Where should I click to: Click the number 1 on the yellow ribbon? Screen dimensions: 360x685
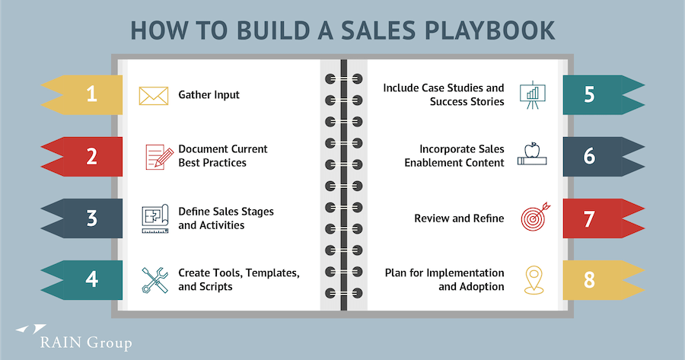[92, 94]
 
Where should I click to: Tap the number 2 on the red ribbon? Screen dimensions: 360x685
[92, 157]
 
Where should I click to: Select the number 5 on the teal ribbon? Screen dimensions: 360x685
[588, 94]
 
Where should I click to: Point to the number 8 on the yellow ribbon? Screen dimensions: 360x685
[588, 279]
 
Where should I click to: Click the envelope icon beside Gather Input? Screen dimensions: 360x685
[153, 95]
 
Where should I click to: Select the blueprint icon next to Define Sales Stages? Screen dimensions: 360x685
[156, 218]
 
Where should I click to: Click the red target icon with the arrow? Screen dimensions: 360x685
[532, 219]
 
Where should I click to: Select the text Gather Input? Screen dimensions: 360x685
[209, 95]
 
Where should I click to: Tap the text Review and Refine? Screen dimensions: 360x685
[458, 218]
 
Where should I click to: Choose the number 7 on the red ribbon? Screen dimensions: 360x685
[588, 218]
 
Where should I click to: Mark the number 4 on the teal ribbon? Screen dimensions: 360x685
[92, 279]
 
